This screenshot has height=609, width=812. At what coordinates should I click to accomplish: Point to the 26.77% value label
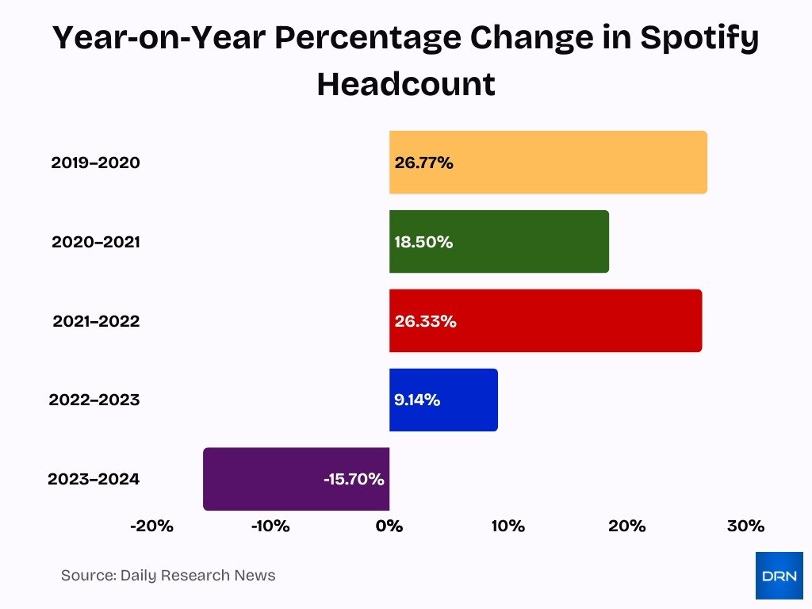(x=423, y=163)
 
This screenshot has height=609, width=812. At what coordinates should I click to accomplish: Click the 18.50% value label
(x=423, y=243)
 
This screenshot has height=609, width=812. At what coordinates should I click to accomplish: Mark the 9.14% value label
(x=417, y=400)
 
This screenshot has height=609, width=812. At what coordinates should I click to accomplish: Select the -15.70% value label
(x=354, y=480)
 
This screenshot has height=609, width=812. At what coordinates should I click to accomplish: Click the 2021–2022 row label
(x=96, y=321)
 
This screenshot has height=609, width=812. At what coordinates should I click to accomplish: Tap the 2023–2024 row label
(x=94, y=479)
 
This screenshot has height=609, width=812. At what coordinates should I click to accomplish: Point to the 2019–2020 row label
(x=95, y=163)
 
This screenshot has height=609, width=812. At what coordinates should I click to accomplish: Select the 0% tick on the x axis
(x=389, y=526)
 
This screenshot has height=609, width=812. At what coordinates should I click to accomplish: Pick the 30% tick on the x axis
(x=745, y=526)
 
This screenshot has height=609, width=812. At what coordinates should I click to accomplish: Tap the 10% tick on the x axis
(x=507, y=526)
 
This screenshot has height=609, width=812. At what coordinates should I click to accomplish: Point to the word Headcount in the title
(x=406, y=83)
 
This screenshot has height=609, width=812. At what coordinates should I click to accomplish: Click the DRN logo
(x=779, y=575)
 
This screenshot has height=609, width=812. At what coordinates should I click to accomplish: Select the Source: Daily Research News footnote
(x=168, y=576)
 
